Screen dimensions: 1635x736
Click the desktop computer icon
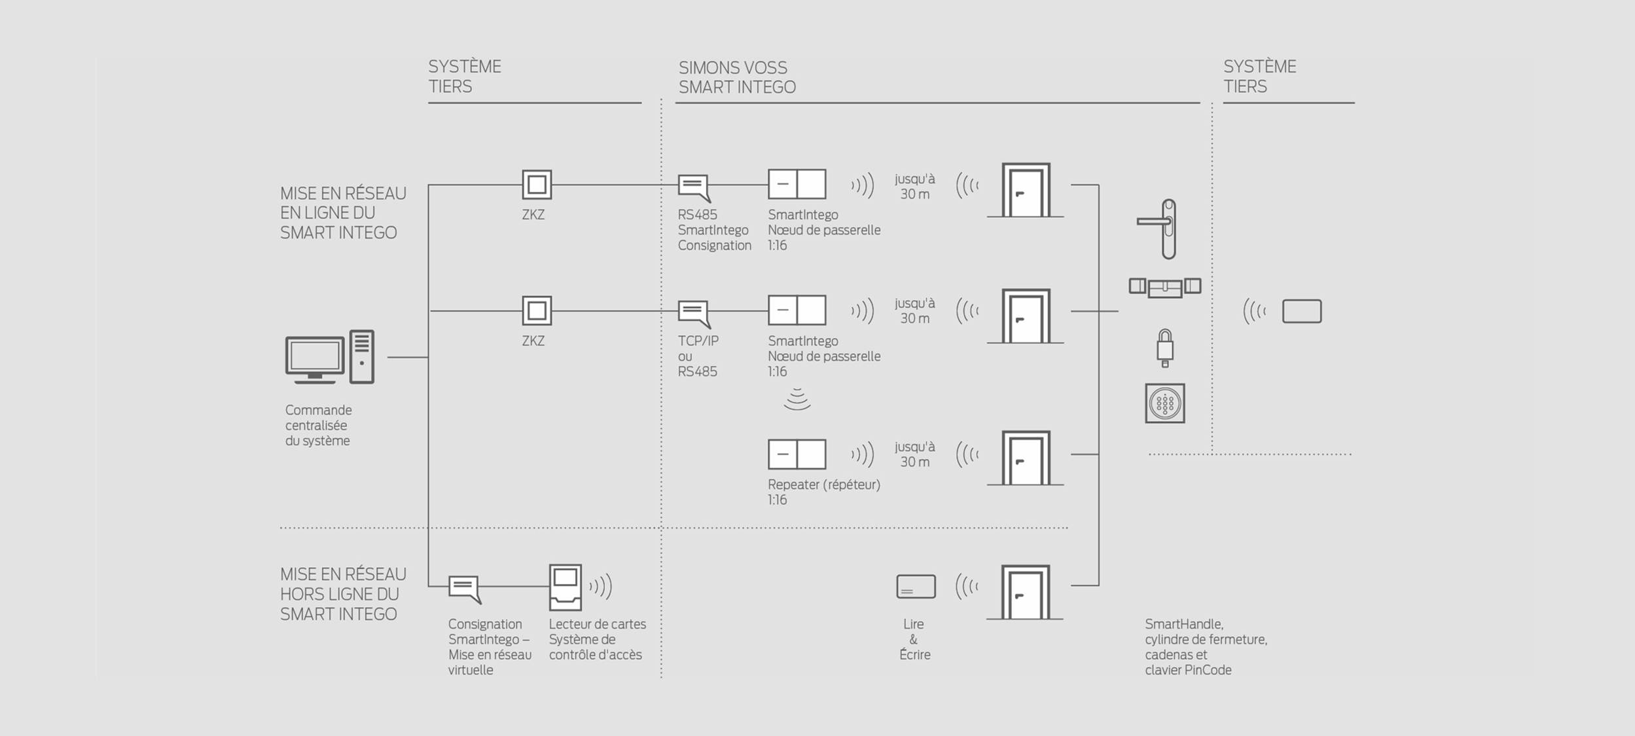point(330,358)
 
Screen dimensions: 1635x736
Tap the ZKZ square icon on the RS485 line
point(537,185)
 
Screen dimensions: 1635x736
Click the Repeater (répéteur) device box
point(797,454)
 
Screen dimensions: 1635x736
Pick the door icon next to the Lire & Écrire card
point(1025,593)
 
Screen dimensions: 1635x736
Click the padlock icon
point(1165,348)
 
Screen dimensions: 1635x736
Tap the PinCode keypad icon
point(1165,403)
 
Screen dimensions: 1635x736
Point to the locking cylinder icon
point(1165,287)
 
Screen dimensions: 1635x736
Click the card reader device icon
point(566,587)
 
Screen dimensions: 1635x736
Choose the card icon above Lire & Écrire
point(916,587)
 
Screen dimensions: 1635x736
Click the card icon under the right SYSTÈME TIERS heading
point(1302,312)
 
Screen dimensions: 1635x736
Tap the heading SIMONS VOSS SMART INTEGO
point(737,77)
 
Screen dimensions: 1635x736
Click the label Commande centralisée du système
point(319,426)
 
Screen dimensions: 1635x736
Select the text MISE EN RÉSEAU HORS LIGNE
point(343,584)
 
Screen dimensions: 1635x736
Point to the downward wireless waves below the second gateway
point(797,399)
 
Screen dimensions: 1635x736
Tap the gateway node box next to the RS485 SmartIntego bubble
point(797,184)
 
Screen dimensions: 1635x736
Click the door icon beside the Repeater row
point(1025,458)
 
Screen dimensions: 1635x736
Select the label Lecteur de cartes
point(598,624)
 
